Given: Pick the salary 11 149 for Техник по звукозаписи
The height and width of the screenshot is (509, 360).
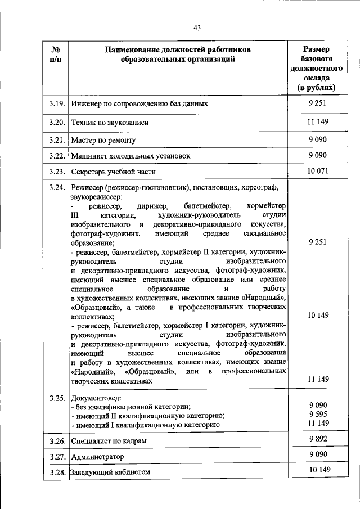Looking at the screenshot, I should (317, 121).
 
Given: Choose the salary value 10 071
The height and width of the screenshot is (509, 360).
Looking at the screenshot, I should (317, 171).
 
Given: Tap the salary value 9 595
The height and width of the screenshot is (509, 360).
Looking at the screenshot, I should (318, 414).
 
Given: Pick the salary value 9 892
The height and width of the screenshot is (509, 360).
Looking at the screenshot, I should (318, 439).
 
